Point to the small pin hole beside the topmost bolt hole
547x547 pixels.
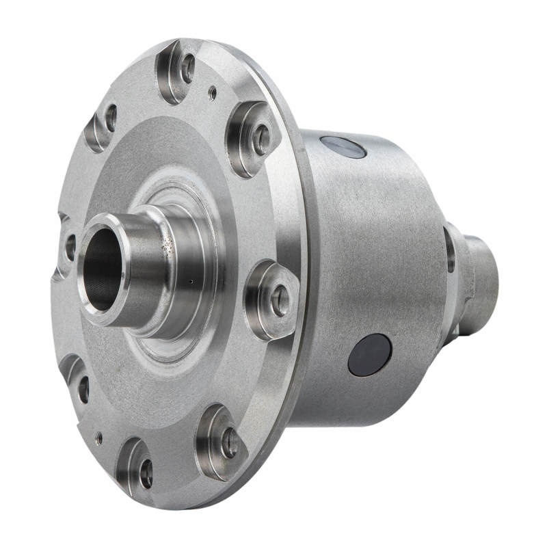click(x=213, y=92)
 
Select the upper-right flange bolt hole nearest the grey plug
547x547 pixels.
click(x=262, y=139)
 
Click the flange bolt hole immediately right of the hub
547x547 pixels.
click(x=280, y=301)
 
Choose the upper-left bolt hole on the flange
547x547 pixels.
click(x=110, y=118)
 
